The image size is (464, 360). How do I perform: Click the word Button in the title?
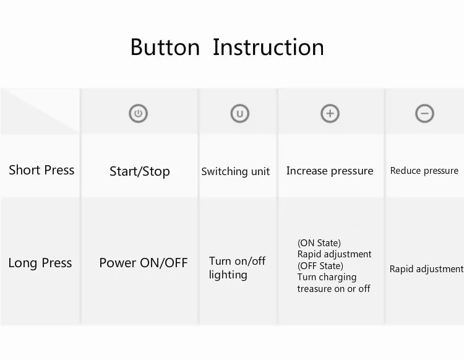pos(165,47)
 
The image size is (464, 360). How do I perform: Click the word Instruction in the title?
pos(269,47)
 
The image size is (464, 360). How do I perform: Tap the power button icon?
pos(138,113)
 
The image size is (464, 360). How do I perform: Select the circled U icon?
pos(240,113)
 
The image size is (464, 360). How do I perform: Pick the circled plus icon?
pos(330,113)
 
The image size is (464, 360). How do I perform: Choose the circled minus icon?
pos(424,113)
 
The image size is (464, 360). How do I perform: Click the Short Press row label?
pos(41,170)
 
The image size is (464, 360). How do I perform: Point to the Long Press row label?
pos(40,263)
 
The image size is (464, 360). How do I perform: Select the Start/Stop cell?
pos(140,171)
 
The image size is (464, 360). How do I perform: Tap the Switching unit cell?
pos(236,171)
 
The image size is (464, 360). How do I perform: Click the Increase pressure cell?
pos(330,171)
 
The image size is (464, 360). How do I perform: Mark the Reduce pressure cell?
pos(424,171)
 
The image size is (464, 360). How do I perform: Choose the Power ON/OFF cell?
pos(144,263)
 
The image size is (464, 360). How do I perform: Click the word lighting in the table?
pos(228,275)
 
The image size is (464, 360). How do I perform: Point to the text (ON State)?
pos(319,243)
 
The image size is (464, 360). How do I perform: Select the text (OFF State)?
pos(320,266)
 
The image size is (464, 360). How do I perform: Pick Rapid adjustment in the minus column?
pos(426,269)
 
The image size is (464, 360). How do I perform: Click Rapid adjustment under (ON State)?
pos(334,254)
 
